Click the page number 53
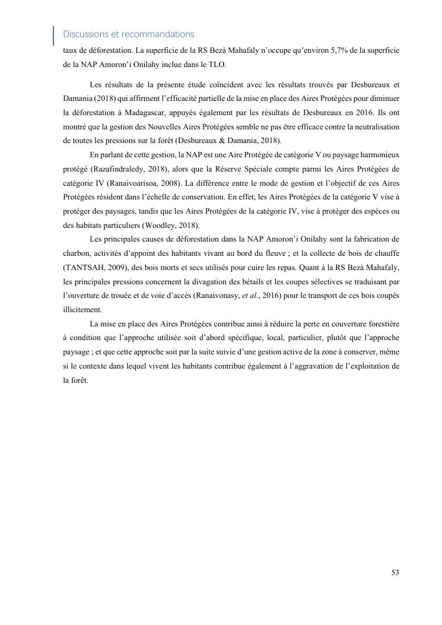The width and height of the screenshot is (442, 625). coord(395,573)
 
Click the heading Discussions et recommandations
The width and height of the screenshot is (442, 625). coord(128,34)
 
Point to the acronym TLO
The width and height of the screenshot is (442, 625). coord(217,65)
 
